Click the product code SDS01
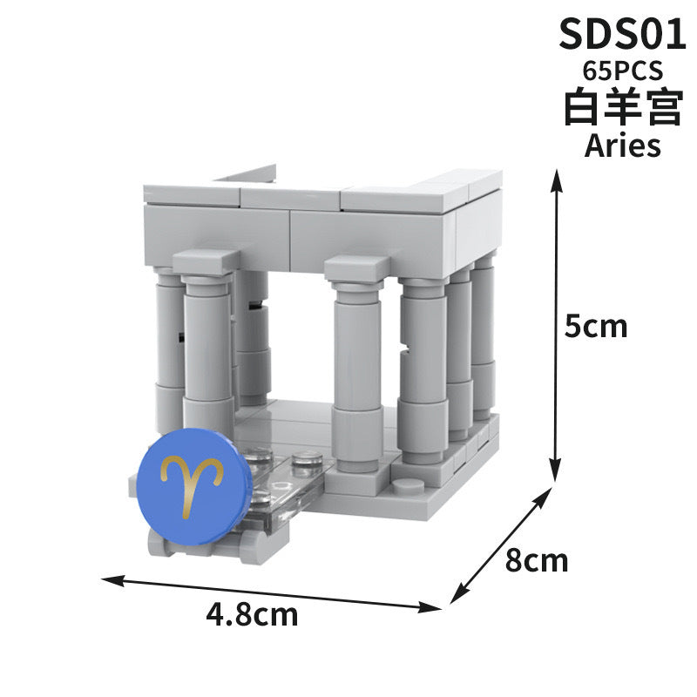coord(622,34)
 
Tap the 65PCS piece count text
coord(622,71)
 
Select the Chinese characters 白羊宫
coord(623,107)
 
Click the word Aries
coord(622,145)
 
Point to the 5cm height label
coord(596,326)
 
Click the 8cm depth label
coord(537,560)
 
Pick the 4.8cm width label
coord(252,615)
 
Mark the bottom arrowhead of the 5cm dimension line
coord(555,470)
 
